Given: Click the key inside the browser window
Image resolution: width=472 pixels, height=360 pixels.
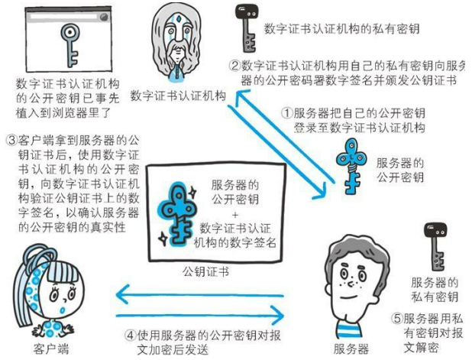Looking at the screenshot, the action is tap(70, 44).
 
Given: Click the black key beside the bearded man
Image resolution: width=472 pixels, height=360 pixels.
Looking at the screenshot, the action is tap(246, 28).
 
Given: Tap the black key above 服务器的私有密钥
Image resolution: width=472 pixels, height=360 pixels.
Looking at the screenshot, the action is tap(435, 246).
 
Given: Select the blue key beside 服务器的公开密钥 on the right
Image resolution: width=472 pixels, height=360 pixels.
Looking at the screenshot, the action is tap(351, 166).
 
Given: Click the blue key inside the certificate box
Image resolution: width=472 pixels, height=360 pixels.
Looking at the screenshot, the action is tap(178, 214).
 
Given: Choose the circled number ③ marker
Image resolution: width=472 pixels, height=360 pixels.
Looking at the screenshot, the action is tap(11, 141).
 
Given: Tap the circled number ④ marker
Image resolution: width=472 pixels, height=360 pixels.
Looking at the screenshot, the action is tap(131, 336).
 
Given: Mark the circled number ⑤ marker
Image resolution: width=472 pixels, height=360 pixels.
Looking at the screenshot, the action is tap(396, 319).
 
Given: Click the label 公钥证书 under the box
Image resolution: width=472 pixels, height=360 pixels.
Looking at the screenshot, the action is tap(206, 272).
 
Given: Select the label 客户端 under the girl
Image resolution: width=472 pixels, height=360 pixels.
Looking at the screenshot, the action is tap(50, 349).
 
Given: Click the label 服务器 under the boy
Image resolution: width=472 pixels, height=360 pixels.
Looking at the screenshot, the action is tap(351, 349).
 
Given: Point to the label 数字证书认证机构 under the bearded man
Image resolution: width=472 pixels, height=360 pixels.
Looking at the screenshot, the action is tap(178, 96).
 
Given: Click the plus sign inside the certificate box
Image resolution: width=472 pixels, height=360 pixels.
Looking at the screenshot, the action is tap(235, 215).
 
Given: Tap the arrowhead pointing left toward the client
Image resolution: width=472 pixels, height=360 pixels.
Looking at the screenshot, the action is tap(123, 294).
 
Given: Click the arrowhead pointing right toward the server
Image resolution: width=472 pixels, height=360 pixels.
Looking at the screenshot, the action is tap(277, 316).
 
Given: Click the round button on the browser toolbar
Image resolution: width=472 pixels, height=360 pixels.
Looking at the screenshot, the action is tap(103, 17).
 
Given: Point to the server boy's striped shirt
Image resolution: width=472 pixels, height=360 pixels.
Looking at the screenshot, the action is tap(348, 329).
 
